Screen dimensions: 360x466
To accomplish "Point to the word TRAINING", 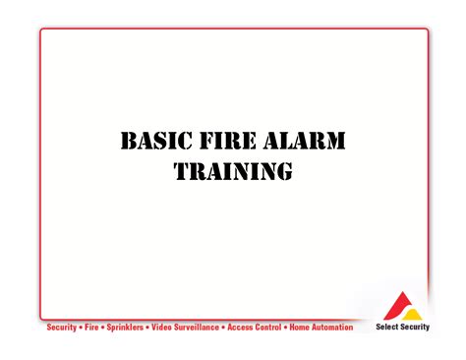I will (x=233, y=172).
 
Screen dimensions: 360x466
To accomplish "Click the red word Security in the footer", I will (x=62, y=327).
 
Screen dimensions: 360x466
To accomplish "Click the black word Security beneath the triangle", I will (x=414, y=328).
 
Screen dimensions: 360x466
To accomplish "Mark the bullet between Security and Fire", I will (x=81, y=327).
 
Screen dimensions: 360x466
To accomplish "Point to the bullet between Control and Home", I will (x=285, y=327).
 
